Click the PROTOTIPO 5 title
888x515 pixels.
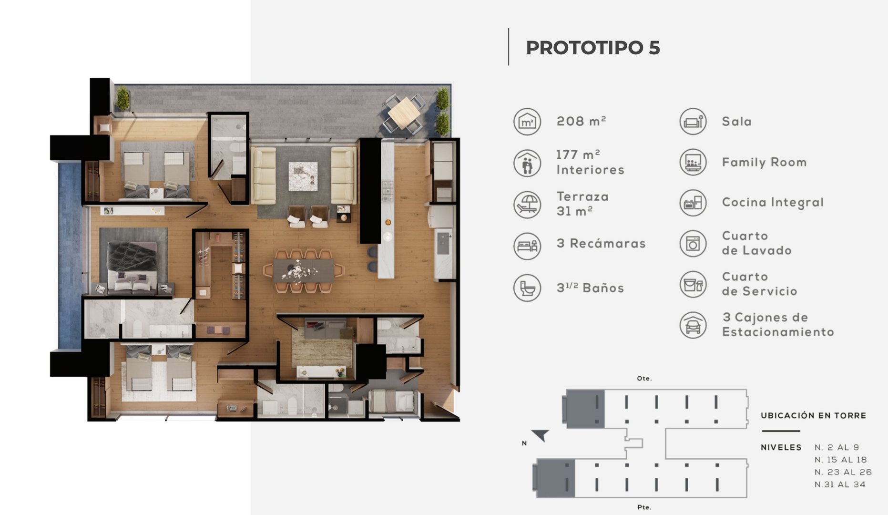tap(593, 48)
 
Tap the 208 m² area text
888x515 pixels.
tap(581, 121)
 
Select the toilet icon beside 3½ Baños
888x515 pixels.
tap(527, 288)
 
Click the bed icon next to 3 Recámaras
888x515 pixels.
tap(527, 246)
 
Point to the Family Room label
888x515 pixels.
tap(764, 162)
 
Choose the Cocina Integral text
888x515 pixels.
tap(773, 203)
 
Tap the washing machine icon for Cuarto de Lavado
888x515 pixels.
tap(693, 243)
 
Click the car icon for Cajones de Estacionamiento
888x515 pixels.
tap(693, 325)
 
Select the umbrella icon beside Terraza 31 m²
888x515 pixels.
tap(527, 205)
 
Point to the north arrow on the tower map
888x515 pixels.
tap(541, 435)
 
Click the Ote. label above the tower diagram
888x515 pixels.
tap(644, 378)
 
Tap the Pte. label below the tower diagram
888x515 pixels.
tap(644, 507)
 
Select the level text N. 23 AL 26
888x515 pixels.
tap(843, 472)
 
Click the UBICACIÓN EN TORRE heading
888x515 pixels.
tap(813, 415)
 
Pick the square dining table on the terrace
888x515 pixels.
tap(404, 113)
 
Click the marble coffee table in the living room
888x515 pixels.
tap(303, 176)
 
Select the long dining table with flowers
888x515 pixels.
tap(304, 271)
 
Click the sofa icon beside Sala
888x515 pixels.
tap(693, 121)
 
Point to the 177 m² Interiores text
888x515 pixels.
tap(590, 162)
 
